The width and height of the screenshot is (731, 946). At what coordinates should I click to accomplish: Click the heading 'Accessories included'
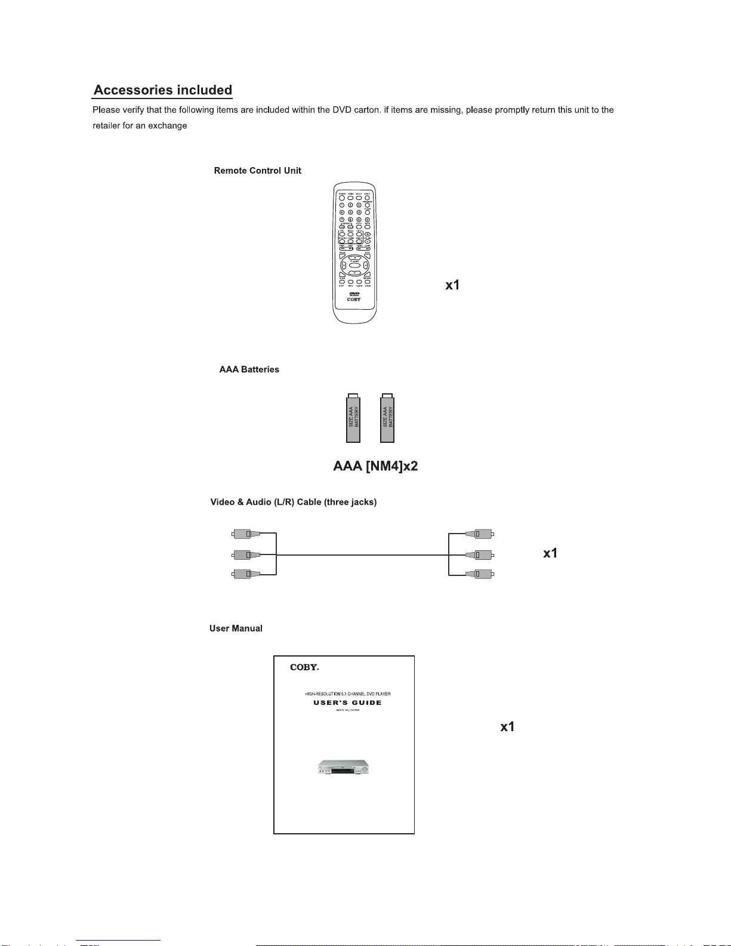tap(163, 90)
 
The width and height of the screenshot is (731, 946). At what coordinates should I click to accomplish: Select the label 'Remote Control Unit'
tap(257, 171)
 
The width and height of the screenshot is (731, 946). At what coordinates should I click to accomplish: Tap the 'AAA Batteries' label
tap(249, 369)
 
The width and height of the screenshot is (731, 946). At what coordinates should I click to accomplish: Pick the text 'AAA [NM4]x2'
tap(375, 466)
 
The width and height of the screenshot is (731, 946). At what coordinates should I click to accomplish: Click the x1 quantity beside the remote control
tap(452, 285)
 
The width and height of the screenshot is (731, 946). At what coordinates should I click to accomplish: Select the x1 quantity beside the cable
tap(550, 553)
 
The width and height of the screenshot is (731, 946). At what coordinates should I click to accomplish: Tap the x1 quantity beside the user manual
tap(507, 726)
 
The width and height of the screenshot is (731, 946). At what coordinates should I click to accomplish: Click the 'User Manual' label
tap(236, 628)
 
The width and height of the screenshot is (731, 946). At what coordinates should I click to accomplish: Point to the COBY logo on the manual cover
tap(304, 667)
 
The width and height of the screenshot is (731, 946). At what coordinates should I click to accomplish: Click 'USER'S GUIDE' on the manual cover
tap(347, 702)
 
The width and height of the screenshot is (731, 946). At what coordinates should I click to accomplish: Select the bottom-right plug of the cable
tap(480, 574)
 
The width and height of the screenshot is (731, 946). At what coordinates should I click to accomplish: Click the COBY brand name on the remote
tap(354, 300)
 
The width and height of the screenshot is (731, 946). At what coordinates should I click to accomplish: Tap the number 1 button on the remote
tap(342, 205)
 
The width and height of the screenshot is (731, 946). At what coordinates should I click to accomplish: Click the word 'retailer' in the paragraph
tap(106, 126)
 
